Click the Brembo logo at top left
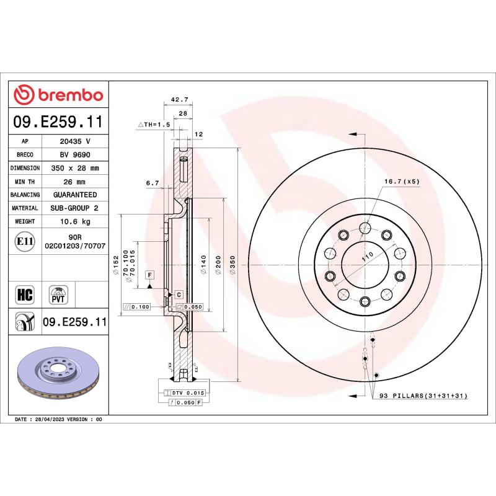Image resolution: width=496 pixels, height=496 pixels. coord(58,95)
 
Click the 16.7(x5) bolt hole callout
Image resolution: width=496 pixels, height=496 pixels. coord(402,182)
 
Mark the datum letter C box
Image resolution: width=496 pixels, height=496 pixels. coord(178,294)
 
